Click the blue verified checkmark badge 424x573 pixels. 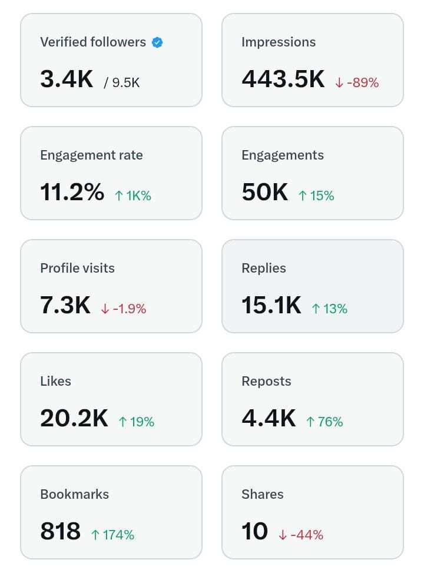coord(157,42)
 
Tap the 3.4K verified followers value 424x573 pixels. coord(67,79)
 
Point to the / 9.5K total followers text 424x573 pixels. coord(122,82)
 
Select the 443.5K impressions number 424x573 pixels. coord(283,79)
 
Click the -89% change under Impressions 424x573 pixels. coord(357,83)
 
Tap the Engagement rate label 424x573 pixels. coord(91,155)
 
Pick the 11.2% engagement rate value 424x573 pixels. coord(72,192)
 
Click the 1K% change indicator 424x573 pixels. coord(133,196)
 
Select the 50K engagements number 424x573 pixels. coord(264,192)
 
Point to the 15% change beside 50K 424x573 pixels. coord(316,196)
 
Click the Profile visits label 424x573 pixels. coord(77,269)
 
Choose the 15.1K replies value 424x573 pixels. coord(271,305)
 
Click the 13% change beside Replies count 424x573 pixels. coord(329,309)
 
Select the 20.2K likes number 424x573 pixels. coord(74,418)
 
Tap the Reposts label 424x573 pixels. coord(266,382)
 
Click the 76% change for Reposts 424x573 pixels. coord(324,422)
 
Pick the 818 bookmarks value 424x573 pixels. coord(60,531)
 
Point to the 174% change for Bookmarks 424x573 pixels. coord(112,535)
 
